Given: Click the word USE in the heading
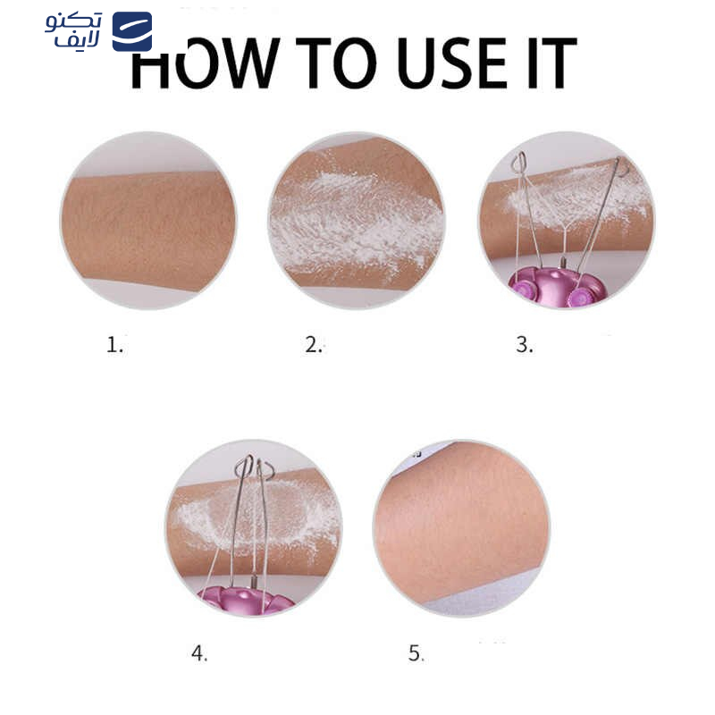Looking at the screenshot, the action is tap(452, 63).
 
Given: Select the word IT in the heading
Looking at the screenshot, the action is tap(552, 63).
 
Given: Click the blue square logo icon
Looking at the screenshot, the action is tap(132, 31).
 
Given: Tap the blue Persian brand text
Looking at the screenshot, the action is tap(73, 30).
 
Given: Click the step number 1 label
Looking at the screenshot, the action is tap(114, 345).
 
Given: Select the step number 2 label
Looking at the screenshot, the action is tap(314, 345).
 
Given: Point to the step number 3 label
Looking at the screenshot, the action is tap(525, 345).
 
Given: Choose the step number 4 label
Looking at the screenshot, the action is tap(199, 653).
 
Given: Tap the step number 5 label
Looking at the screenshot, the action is tap(416, 653).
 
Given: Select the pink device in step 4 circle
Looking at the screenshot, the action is tap(247, 600).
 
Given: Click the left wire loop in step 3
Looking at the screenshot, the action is tap(520, 162).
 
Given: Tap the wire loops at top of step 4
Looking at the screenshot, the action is tap(254, 467).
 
